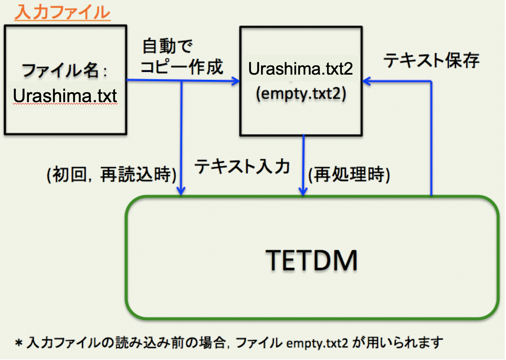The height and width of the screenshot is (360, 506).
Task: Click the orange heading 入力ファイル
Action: click(62, 13)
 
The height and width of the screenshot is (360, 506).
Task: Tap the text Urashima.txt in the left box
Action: click(65, 96)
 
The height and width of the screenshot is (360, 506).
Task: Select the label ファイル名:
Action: click(64, 70)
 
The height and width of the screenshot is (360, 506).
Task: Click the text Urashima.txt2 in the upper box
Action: click(300, 69)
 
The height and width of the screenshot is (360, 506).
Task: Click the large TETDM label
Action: click(311, 260)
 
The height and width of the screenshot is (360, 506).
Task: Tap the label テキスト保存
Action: click(431, 60)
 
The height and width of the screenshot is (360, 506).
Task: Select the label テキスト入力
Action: click(242, 167)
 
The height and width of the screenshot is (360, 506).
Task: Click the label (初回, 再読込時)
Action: click(111, 175)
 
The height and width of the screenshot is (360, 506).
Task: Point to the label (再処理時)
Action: click(349, 175)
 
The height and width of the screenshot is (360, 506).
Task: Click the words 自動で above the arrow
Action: click(167, 46)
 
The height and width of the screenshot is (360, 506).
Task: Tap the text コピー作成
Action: click(182, 67)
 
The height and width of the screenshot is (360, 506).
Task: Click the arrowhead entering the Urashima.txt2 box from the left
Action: click(236, 81)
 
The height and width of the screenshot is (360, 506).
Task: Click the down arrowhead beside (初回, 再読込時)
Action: click(181, 191)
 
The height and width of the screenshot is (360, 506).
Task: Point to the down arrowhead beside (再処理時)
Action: click(303, 191)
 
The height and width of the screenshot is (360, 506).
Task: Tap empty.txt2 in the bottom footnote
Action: click(317, 343)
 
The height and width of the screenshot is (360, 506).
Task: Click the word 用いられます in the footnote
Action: click(405, 343)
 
